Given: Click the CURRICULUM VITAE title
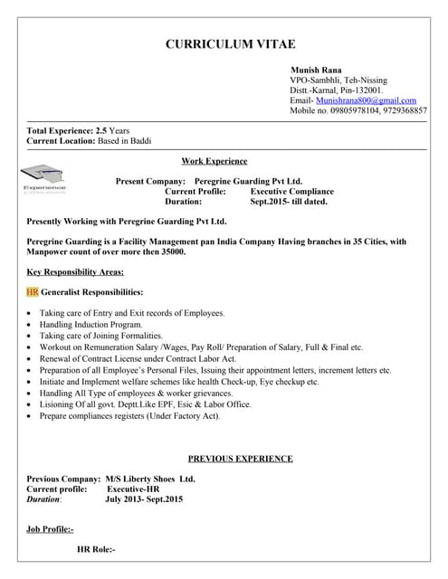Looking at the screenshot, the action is (230, 44).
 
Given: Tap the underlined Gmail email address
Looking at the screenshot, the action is (367, 100).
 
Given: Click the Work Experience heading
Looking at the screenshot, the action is (214, 161).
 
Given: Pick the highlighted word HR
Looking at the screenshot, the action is (33, 292).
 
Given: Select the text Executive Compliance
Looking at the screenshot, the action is (291, 192).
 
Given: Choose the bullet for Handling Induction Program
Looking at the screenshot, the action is (31, 324).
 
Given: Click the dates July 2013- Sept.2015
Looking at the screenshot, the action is (144, 498).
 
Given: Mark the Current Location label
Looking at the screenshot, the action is (60, 141).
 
